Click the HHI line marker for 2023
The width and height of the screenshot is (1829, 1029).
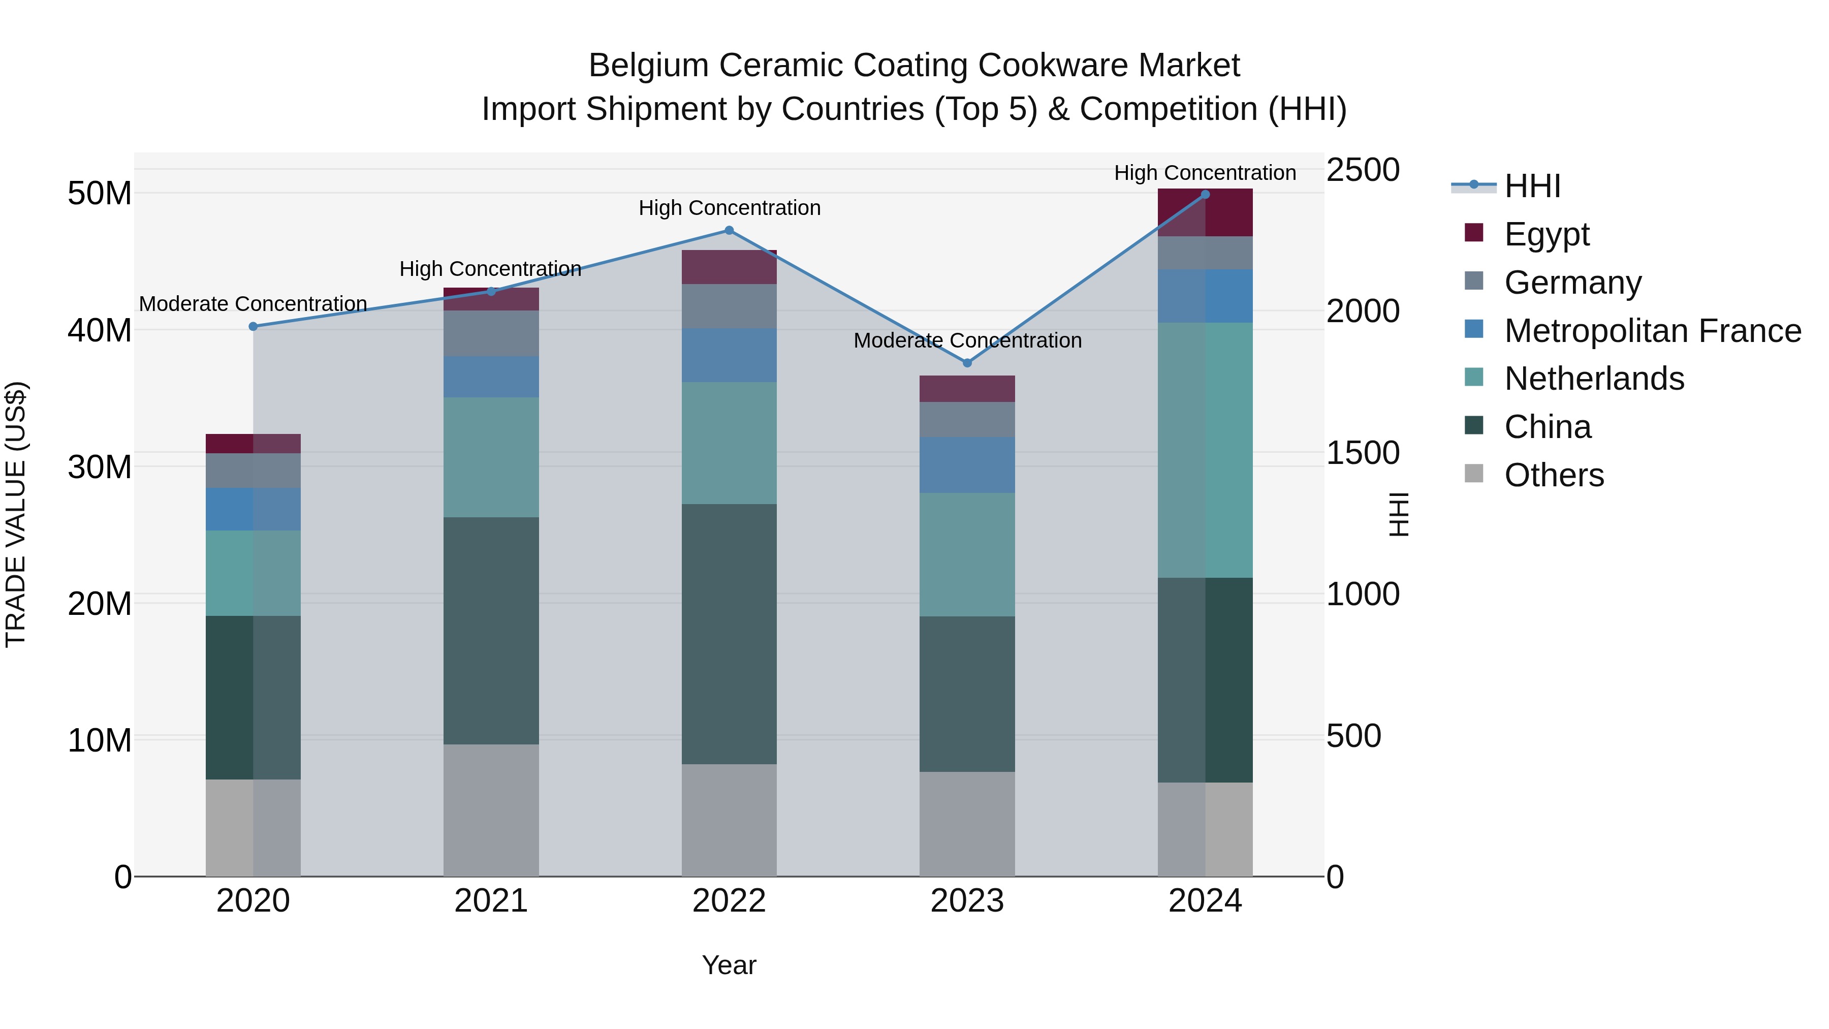(967, 363)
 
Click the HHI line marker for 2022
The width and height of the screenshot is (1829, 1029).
(729, 230)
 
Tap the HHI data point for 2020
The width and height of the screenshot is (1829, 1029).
(254, 327)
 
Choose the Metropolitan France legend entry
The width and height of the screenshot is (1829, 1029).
(1652, 331)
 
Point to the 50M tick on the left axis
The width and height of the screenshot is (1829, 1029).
(100, 193)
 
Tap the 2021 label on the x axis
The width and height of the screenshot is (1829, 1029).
(491, 901)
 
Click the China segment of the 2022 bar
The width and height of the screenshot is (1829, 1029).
(729, 634)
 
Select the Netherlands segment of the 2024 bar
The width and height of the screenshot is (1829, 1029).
(1205, 450)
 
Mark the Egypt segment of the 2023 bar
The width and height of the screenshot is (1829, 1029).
(967, 389)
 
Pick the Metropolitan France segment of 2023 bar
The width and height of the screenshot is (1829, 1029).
(967, 465)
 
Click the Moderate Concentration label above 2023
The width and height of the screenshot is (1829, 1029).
(967, 341)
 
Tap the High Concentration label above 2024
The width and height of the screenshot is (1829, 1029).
(1205, 173)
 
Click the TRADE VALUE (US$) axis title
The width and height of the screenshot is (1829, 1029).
(16, 514)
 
